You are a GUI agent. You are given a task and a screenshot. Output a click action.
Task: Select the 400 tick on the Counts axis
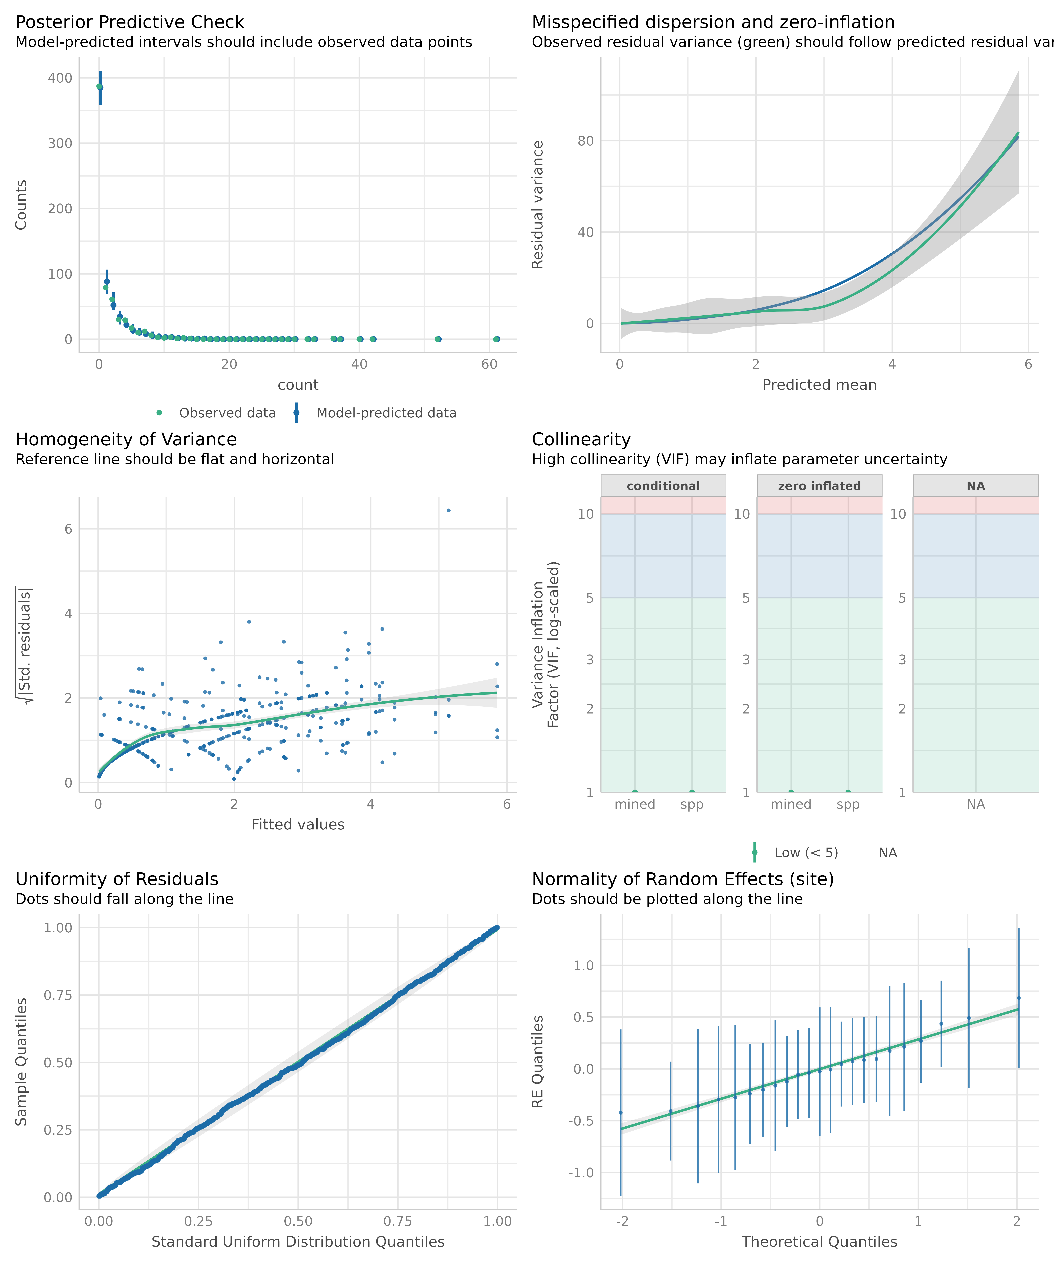(x=60, y=78)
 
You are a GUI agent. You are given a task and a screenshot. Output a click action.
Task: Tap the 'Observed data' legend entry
(x=227, y=413)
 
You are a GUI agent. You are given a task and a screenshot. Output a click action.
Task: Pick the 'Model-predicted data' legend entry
(x=386, y=413)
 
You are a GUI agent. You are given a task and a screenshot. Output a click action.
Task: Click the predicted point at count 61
(x=496, y=339)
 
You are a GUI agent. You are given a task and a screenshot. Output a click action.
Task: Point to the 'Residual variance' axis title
(x=538, y=205)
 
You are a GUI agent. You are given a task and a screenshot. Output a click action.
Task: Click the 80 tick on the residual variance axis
(x=585, y=141)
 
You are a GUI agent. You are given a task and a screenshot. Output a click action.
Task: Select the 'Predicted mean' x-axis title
(x=819, y=385)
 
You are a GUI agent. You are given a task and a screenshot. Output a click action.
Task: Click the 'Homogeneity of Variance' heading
(x=126, y=440)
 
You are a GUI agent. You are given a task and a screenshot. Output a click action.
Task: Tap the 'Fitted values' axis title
(x=298, y=825)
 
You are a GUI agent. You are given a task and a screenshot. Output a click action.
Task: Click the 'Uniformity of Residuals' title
(x=117, y=880)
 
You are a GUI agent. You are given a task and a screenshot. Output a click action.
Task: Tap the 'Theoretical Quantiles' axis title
(x=819, y=1242)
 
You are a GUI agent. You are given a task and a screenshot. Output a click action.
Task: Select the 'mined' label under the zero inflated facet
(x=791, y=805)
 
